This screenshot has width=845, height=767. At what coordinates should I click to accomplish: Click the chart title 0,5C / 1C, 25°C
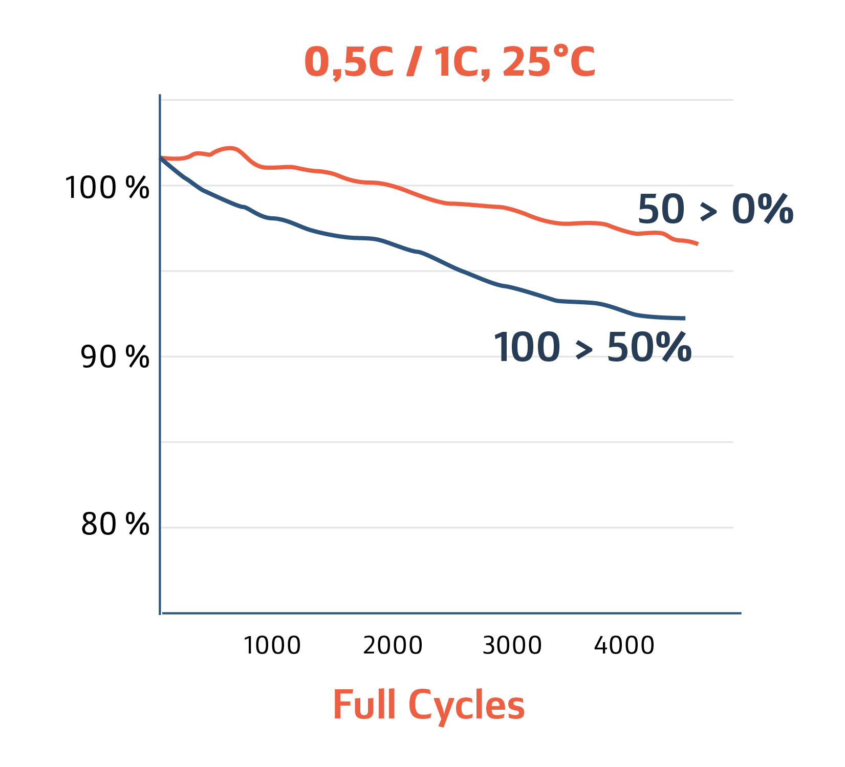(x=449, y=62)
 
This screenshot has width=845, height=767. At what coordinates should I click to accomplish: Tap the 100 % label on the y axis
(x=106, y=188)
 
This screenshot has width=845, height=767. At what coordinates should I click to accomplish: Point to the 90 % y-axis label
(x=115, y=357)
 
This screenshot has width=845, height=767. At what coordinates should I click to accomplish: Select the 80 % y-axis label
(x=115, y=524)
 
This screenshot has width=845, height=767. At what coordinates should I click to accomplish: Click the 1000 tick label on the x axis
(x=271, y=645)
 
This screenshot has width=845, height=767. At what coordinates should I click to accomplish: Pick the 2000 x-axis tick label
(x=393, y=645)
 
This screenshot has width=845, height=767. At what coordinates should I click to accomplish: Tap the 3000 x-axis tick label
(x=512, y=645)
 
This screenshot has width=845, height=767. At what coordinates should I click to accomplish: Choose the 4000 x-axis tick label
(x=624, y=645)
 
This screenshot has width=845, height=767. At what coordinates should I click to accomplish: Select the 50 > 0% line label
(x=715, y=210)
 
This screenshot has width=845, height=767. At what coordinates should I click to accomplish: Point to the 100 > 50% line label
(x=592, y=348)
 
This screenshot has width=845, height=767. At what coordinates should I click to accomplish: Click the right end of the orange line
(x=697, y=244)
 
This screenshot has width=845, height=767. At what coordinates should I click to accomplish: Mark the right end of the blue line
(x=684, y=318)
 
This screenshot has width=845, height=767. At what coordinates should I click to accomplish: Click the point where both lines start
(x=161, y=158)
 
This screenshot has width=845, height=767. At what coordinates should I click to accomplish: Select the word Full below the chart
(x=364, y=705)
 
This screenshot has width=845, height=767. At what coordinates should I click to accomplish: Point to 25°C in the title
(x=549, y=62)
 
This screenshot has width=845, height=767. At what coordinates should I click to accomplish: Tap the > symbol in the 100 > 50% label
(x=584, y=350)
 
